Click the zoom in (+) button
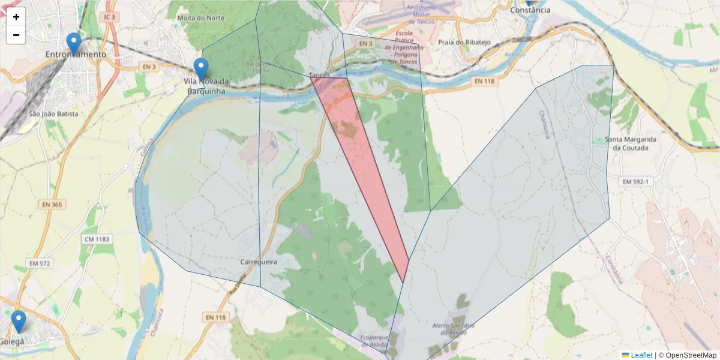[x=16, y=17]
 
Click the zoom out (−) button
[x=16, y=35]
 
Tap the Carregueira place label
[x=258, y=262]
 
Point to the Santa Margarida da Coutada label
[x=631, y=144]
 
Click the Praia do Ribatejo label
[x=464, y=42]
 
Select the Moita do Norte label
[x=201, y=18]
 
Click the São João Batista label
[x=53, y=113]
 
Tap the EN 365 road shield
[x=52, y=205]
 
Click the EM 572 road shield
[x=40, y=263]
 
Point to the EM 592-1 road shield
[x=636, y=182]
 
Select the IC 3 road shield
[x=109, y=17]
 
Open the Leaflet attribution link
[x=641, y=355]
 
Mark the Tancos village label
[x=318, y=75]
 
